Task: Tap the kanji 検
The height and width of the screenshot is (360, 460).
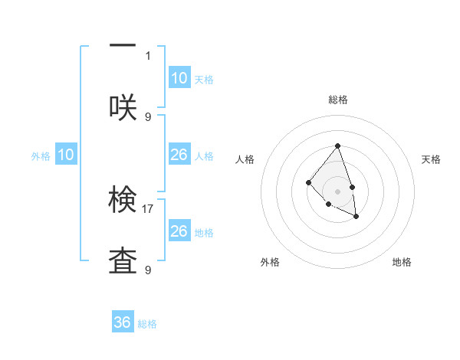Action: [123, 200]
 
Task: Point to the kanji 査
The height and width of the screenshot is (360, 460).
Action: [123, 261]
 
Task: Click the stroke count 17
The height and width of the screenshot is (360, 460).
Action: [149, 208]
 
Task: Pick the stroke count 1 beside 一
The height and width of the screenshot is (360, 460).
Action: [148, 55]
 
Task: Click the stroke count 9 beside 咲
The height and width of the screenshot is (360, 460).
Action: [148, 116]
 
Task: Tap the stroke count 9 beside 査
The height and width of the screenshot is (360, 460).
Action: [148, 270]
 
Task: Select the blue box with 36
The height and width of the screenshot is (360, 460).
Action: [123, 322]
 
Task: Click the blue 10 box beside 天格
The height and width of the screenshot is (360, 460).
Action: [179, 78]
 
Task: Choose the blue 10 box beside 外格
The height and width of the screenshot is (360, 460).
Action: [66, 155]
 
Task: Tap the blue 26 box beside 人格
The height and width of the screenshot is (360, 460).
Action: [179, 155]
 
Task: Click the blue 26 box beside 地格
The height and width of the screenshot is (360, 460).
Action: [179, 231]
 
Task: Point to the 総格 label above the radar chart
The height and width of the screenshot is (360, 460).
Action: [337, 100]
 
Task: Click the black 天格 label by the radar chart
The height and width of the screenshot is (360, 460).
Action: [431, 159]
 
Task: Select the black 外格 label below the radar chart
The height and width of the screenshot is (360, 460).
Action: [270, 262]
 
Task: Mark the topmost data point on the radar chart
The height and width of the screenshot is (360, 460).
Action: [337, 146]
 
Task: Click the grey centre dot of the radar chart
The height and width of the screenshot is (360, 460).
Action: [337, 191]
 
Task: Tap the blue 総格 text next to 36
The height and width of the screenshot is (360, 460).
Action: [147, 324]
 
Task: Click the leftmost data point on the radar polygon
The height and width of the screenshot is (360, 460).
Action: [308, 182]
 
